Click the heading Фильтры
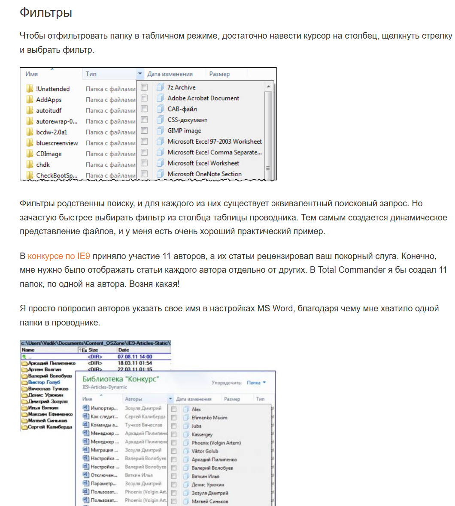pyautogui.click(x=46, y=13)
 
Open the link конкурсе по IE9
pyautogui.click(x=59, y=256)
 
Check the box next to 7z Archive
pyautogui.click(x=144, y=87)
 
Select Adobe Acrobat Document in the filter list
pyautogui.click(x=203, y=98)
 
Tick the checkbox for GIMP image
pyautogui.click(x=144, y=130)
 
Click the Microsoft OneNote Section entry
pyautogui.click(x=204, y=174)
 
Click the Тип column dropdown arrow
pyautogui.click(x=140, y=74)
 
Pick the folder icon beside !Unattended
pyautogui.click(x=30, y=89)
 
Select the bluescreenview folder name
pyautogui.click(x=57, y=143)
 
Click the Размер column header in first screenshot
pyautogui.click(x=219, y=74)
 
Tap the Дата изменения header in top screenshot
pyautogui.click(x=170, y=74)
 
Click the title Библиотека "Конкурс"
pyautogui.click(x=121, y=379)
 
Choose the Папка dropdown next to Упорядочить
pyautogui.click(x=256, y=383)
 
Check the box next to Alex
pyautogui.click(x=174, y=409)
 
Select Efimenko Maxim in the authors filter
pyautogui.click(x=209, y=417)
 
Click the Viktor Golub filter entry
pyautogui.click(x=205, y=451)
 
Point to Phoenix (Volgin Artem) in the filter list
pyautogui.click(x=216, y=443)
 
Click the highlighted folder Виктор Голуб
pyautogui.click(x=44, y=382)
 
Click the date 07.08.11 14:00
pyautogui.click(x=135, y=356)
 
